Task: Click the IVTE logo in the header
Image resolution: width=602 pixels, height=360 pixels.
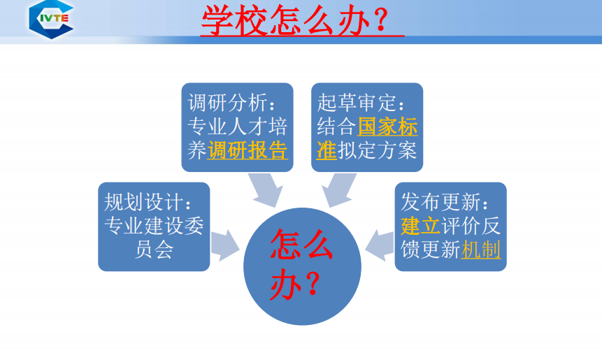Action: tap(51, 19)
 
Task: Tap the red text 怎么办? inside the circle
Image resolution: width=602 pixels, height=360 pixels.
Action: tap(301, 264)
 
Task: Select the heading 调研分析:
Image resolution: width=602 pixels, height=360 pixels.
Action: tap(231, 103)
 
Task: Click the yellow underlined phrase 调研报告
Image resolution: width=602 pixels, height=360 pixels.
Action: tap(248, 150)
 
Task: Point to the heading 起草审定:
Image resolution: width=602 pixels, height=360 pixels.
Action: tap(361, 103)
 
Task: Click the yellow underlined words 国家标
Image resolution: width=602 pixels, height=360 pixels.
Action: tap(387, 127)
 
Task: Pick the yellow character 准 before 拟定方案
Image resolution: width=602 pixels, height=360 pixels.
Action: tap(327, 150)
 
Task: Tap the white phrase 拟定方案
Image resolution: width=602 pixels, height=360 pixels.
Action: tap(377, 150)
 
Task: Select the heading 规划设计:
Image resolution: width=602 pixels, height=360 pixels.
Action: tap(148, 202)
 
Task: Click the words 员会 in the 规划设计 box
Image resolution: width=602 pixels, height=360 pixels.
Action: tap(154, 250)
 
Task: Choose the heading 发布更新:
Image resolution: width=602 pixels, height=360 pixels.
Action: tap(445, 202)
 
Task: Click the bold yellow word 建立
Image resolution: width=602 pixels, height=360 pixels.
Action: tap(420, 226)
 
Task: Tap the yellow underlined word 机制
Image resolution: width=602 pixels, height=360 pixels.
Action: tap(480, 250)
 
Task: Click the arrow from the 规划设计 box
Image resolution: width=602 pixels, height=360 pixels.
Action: tap(225, 245)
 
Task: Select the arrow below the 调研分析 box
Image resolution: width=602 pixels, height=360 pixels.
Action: tap(266, 189)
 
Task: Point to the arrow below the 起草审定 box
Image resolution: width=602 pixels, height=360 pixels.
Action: tap(338, 189)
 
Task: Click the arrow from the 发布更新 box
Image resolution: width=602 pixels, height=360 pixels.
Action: tap(380, 245)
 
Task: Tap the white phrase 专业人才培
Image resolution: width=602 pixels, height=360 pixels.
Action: tap(237, 127)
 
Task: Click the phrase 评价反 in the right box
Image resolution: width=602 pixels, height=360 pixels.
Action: tap(471, 226)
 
